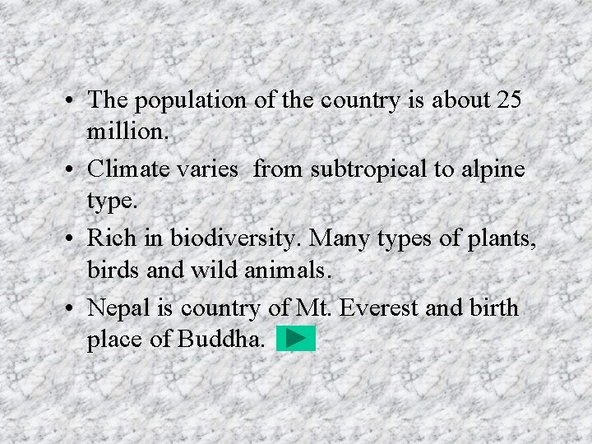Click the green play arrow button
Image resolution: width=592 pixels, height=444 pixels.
[x=296, y=338]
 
